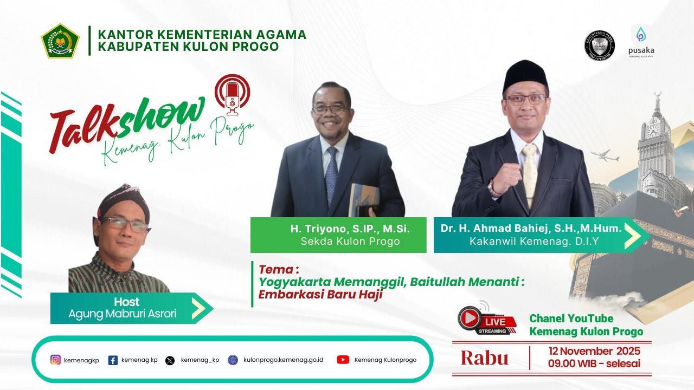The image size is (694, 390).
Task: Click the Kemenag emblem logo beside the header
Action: click(60, 41)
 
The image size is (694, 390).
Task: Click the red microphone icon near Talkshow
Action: click(233, 96)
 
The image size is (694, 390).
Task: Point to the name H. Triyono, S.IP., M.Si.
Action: click(350, 229)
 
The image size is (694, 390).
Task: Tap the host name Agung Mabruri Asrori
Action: click(122, 314)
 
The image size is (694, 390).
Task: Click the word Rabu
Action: click(484, 358)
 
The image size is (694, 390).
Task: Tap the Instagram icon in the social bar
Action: click(55, 360)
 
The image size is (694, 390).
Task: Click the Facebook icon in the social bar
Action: click(113, 360)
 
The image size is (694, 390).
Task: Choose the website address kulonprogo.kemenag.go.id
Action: click(283, 360)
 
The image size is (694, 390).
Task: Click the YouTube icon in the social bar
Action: click(343, 360)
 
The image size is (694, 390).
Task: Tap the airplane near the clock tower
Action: click(605, 157)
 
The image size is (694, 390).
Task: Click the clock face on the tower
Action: click(652, 130)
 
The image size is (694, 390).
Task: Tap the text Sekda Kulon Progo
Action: click(350, 242)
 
